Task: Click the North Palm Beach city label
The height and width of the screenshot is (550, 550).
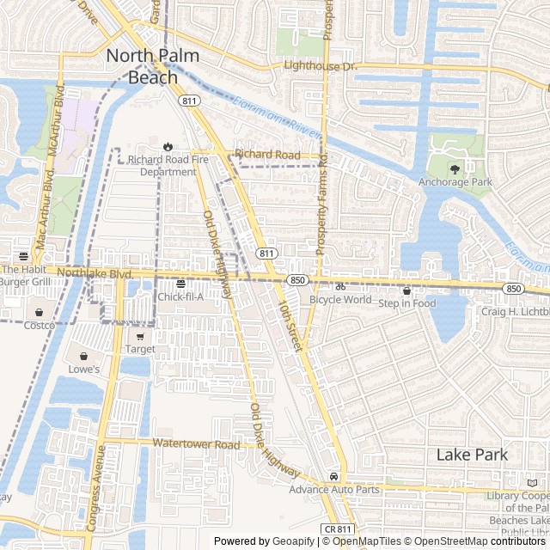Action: (152, 66)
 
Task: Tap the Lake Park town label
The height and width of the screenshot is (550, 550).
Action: (472, 455)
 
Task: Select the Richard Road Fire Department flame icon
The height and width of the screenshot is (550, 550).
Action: (167, 146)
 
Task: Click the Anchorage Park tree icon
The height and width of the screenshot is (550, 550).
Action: (455, 168)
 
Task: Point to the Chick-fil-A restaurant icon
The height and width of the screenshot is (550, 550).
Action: (180, 284)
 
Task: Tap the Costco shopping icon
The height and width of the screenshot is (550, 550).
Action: (39, 312)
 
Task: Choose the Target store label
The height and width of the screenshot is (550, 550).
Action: (140, 349)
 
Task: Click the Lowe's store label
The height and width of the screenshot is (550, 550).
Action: (83, 370)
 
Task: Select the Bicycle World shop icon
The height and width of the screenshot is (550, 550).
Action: (340, 286)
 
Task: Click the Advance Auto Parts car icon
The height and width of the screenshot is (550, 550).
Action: (333, 476)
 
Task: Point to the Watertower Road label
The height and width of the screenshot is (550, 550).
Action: (196, 444)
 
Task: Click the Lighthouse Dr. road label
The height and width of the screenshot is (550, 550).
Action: (319, 65)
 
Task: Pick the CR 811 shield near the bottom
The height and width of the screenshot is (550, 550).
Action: (339, 529)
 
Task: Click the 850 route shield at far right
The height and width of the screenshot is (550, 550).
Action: (513, 289)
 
